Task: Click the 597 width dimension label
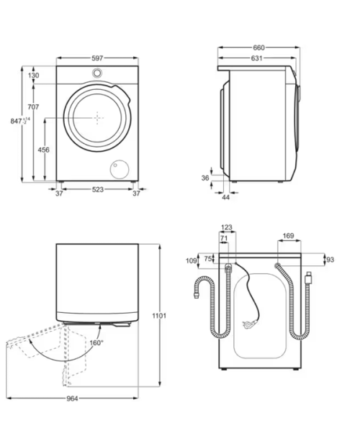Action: (97, 58)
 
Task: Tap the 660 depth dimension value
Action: (258, 47)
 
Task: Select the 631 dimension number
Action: (256, 58)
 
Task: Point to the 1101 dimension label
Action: (159, 316)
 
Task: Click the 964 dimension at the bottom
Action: (72, 399)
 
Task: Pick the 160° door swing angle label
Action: (96, 342)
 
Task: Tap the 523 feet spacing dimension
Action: (98, 189)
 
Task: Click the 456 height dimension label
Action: (43, 150)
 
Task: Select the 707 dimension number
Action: (33, 107)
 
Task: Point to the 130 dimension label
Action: (34, 76)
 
